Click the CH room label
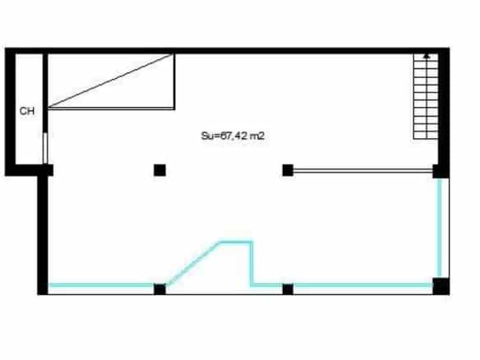click(27, 111)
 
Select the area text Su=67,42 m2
click(233, 136)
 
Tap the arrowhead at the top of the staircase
click(427, 56)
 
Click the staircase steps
click(426, 96)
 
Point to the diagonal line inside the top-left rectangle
click(110, 81)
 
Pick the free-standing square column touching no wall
click(159, 170)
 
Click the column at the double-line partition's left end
click(288, 170)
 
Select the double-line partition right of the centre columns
click(362, 170)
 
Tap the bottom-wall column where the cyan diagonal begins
click(159, 289)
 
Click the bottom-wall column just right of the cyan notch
click(288, 289)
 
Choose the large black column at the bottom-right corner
click(441, 286)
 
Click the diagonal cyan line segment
click(193, 263)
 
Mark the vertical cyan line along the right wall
click(440, 228)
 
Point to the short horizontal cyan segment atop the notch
click(236, 242)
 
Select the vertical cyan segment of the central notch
click(252, 264)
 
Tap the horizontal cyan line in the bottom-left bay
click(101, 285)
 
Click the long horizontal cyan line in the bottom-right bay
click(362, 285)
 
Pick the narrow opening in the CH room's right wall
click(45, 148)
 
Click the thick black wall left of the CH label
click(10, 112)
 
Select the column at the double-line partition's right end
click(441, 171)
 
